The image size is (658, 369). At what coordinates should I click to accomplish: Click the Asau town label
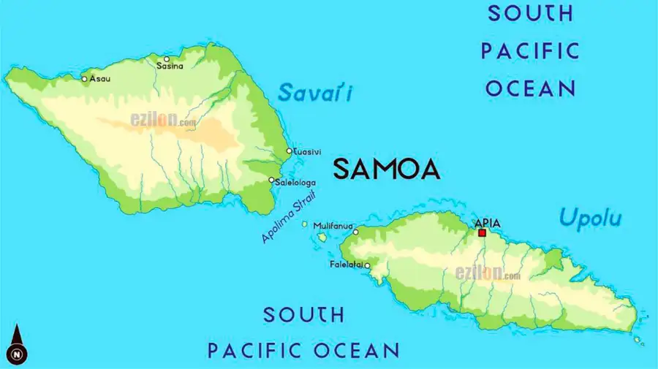[100, 79]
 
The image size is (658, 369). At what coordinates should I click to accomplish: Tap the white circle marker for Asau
[84, 79]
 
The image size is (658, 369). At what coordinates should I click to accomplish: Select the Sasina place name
[170, 66]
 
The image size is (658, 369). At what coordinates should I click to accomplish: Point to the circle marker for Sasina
[167, 58]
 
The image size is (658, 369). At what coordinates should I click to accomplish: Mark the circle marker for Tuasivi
[289, 151]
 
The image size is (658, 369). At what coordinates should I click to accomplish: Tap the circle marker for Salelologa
[272, 180]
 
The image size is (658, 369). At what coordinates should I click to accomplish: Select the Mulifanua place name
[333, 226]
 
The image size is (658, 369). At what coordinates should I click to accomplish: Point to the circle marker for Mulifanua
[356, 232]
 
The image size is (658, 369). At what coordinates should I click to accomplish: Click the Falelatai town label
[346, 265]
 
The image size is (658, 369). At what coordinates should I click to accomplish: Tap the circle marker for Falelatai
[367, 265]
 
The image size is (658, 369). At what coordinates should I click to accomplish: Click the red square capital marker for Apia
[482, 233]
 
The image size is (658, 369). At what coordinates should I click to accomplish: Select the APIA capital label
[488, 223]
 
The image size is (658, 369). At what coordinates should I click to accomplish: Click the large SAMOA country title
[386, 170]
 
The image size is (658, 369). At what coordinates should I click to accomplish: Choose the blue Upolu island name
[590, 217]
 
